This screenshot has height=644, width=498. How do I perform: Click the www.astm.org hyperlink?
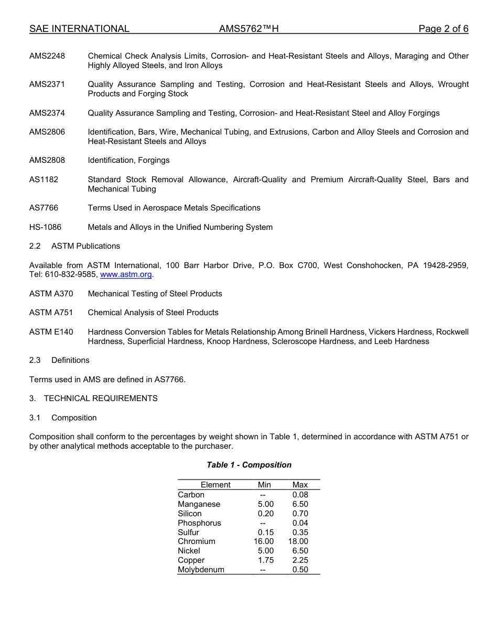126,274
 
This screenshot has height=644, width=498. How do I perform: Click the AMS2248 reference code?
47,56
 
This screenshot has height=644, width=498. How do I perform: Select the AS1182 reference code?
44,180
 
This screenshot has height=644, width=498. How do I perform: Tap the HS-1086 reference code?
45,227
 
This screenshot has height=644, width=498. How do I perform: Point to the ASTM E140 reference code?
51,332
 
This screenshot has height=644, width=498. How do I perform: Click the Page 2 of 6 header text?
443,29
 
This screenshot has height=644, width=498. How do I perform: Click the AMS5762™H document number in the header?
248,29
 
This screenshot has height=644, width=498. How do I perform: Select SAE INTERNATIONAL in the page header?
79,29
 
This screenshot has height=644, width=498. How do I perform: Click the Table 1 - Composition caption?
249,465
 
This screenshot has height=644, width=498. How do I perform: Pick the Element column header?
215,485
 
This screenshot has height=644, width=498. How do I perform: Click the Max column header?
300,485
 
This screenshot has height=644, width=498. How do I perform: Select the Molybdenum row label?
201,570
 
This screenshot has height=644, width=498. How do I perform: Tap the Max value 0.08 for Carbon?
300,495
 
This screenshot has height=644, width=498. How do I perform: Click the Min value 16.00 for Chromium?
264,541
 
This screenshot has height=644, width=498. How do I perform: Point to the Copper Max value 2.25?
300,560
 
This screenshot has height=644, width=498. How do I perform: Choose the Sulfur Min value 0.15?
265,532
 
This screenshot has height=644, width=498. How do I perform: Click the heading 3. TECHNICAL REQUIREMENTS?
93,398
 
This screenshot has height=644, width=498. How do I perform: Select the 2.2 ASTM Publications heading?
75,246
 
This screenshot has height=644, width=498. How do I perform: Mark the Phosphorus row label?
199,523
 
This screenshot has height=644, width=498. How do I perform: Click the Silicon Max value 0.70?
300,514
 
